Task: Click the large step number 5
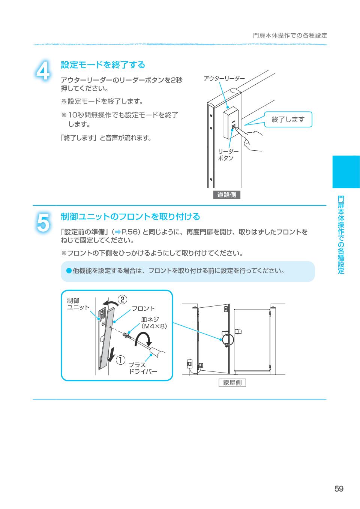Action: coord(43,222)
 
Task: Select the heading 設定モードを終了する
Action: coord(103,65)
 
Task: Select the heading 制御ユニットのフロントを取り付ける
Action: coord(130,217)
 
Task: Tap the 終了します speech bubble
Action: coord(288,120)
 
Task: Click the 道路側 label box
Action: coord(226,195)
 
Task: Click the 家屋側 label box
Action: coord(232,383)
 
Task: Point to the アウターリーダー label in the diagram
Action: coord(224,78)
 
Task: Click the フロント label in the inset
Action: coord(143,308)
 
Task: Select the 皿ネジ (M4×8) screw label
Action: coord(154,323)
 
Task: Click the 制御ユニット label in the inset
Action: coord(78,304)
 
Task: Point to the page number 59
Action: coord(339,489)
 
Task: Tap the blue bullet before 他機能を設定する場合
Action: coord(69,270)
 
